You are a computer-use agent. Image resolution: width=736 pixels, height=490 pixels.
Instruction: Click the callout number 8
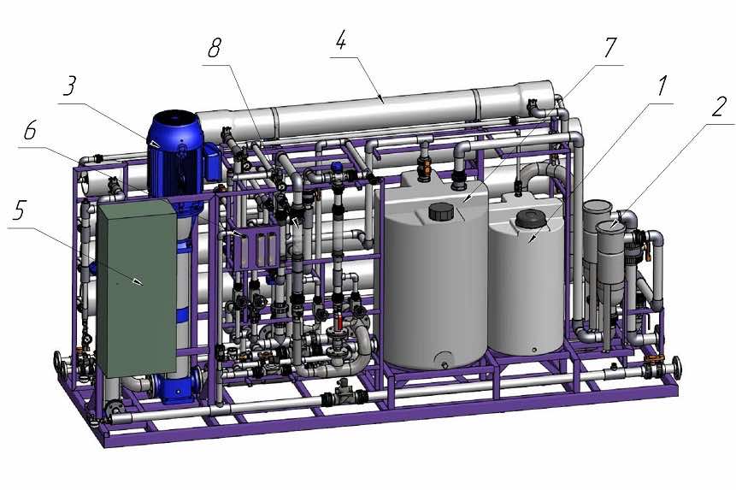[215, 49]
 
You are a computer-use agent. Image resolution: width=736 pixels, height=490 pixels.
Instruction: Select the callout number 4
[341, 41]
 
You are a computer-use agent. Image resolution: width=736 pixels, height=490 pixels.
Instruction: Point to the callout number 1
[661, 86]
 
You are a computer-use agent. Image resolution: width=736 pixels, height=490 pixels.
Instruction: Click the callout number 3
[70, 86]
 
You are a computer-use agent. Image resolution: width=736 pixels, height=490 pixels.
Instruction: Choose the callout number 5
[18, 212]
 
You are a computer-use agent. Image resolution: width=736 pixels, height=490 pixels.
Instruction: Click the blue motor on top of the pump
[175, 152]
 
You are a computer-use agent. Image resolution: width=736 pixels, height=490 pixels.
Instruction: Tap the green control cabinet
[138, 287]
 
